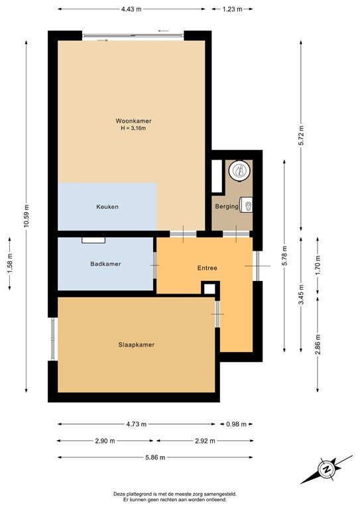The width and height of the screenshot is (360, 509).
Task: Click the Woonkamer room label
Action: [133, 121]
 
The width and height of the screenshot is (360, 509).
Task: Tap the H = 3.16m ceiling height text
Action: [133, 128]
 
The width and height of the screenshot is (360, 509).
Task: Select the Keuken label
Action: [107, 207]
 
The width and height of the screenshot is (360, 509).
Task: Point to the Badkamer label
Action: [106, 264]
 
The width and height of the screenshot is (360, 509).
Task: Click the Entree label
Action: [208, 268]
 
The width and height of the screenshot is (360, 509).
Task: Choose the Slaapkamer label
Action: [136, 345]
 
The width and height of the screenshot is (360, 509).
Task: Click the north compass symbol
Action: [326, 469]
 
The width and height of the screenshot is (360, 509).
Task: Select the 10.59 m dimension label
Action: [27, 213]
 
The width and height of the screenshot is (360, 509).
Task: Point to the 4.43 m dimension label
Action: [131, 9]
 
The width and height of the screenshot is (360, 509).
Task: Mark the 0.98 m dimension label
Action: [236, 424]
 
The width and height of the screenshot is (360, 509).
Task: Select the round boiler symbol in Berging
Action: [238, 172]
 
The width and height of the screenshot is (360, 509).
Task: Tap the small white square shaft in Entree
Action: [210, 288]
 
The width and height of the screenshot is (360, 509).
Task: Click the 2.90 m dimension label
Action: [105, 441]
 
